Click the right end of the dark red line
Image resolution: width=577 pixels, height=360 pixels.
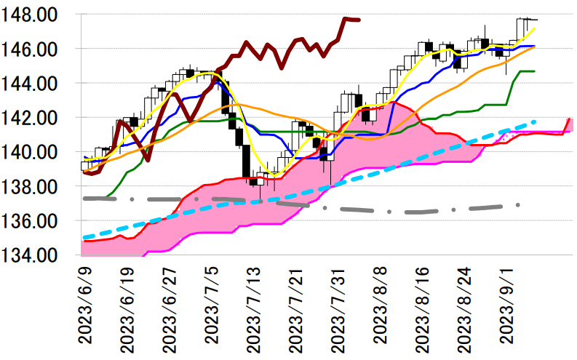(358, 20)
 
